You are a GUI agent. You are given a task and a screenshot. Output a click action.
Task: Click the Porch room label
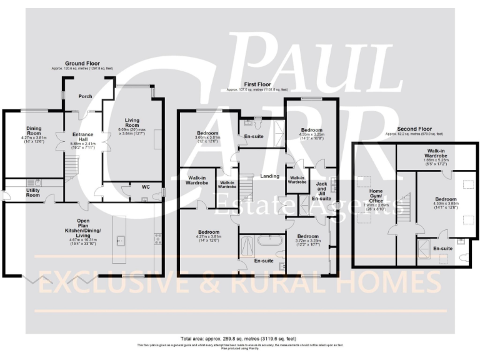click(85, 97)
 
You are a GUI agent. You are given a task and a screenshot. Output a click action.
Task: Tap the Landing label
click(269, 176)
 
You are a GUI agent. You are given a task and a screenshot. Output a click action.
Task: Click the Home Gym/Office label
click(376, 198)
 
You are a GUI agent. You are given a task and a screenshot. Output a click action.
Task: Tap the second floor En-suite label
click(442, 248)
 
